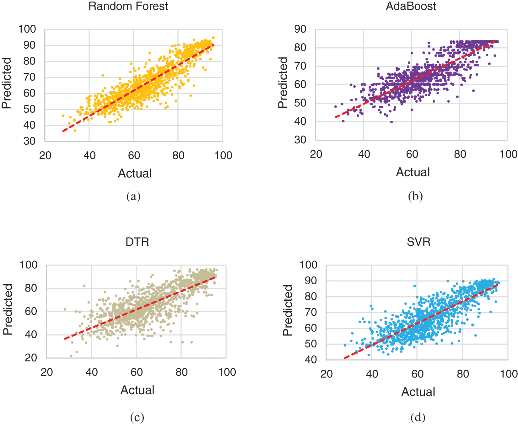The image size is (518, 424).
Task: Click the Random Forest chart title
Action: pyautogui.click(x=128, y=6)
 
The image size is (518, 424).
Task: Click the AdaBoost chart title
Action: pyautogui.click(x=411, y=6)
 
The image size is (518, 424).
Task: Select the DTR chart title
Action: pyautogui.click(x=137, y=242)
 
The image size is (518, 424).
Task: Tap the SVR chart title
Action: pyautogui.click(x=418, y=242)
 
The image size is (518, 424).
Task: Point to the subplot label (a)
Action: pyautogui.click(x=133, y=196)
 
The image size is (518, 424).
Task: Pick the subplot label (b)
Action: pyautogui.click(x=415, y=196)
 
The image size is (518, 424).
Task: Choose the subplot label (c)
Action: pyautogui.click(x=137, y=417)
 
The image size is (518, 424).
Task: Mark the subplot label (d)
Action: pyautogui.click(x=418, y=417)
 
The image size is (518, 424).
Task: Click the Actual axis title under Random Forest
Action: pyautogui.click(x=135, y=173)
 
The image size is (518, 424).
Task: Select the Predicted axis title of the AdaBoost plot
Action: pyautogui.click(x=283, y=83)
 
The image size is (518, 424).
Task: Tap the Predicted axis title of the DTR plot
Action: pyautogui.click(x=8, y=309)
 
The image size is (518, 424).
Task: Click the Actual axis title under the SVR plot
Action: pyautogui.click(x=418, y=392)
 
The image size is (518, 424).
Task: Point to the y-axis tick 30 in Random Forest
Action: pyautogui.click(x=30, y=141)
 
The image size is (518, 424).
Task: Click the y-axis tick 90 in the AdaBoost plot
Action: pyautogui.click(x=300, y=29)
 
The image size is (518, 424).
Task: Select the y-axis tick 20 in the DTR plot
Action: pyautogui.click(x=31, y=357)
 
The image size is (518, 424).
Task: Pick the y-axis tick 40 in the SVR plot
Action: pyautogui.click(x=311, y=359)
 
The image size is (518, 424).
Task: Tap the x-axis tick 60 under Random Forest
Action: pyautogui.click(x=134, y=155)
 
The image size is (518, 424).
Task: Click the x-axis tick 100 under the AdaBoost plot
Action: pyautogui.click(x=508, y=154)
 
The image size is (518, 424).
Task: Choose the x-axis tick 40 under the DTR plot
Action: pyautogui.click(x=91, y=372)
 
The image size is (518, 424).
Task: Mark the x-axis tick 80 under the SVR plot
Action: pyautogui.click(x=463, y=374)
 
